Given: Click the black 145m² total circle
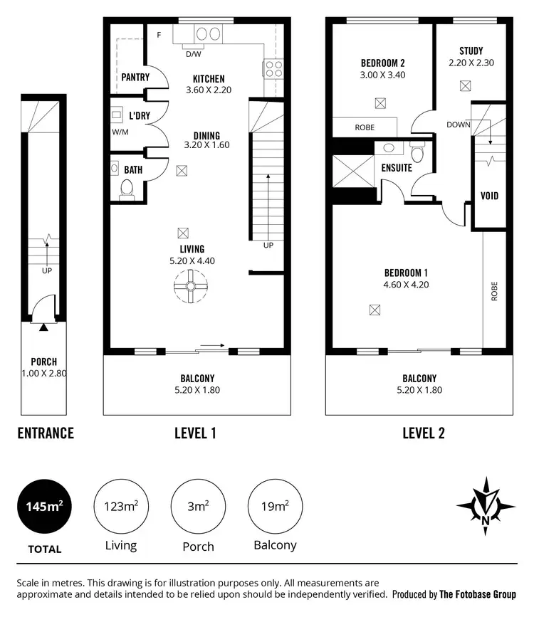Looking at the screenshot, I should click(46, 507).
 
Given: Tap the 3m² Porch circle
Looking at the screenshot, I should click(199, 507).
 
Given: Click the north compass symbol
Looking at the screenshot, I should click(486, 506).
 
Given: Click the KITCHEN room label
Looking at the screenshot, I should click(209, 79).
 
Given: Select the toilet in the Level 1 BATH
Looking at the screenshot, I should click(127, 189).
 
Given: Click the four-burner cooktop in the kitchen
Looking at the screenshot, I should click(274, 69).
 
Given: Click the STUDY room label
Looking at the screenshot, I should click(471, 51).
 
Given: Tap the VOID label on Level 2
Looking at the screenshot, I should click(489, 196).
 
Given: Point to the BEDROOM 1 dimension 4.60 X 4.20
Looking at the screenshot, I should click(406, 285).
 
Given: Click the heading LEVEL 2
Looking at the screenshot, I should click(423, 433).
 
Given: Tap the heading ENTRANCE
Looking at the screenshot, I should click(46, 433).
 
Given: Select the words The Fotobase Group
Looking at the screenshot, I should click(478, 594).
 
